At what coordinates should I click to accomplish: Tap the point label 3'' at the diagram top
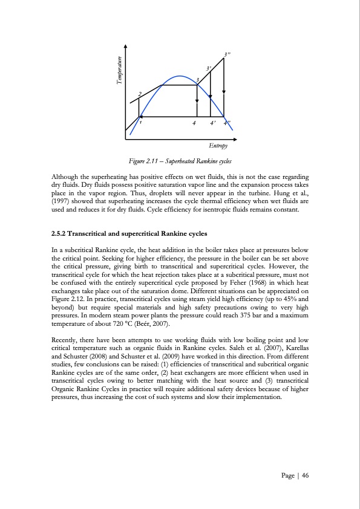click(x=227, y=55)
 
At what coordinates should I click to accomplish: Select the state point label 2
click(x=140, y=94)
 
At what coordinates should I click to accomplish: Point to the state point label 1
click(x=141, y=122)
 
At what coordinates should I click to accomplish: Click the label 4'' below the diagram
click(x=227, y=123)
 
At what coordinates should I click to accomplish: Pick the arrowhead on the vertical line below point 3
click(x=197, y=100)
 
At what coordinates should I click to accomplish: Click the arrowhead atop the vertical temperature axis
click(x=125, y=46)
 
